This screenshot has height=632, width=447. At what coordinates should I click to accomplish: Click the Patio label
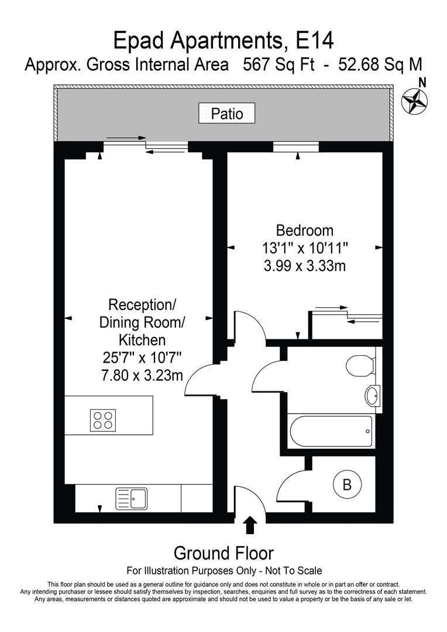coord(226,112)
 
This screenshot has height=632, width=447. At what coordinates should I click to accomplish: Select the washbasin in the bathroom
coord(372,396)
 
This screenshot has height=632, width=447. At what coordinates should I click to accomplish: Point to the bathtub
coord(330,431)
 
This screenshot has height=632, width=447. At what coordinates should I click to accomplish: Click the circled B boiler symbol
coord(346,485)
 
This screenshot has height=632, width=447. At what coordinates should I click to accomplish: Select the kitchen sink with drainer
coord(131,498)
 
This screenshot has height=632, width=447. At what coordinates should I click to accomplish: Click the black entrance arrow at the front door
coord(250,525)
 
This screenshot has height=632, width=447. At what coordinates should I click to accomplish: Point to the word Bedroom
coord(304,230)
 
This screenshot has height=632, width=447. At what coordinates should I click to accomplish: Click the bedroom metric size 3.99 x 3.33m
coord(304,266)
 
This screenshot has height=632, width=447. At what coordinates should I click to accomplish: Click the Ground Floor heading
coord(223,552)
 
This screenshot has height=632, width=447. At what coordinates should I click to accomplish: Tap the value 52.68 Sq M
coord(379,64)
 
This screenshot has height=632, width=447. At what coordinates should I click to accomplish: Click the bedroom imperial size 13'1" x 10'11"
coord(305,248)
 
